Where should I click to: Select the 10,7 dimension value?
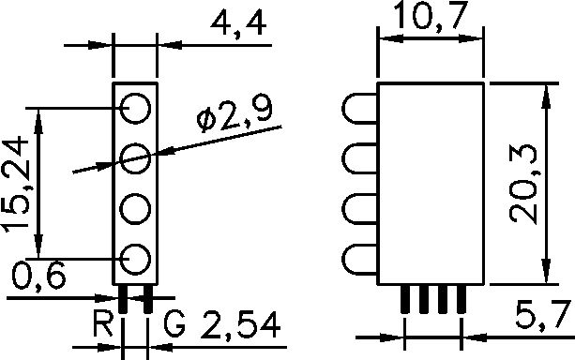click(x=431, y=15)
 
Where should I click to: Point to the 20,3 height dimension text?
click(x=523, y=184)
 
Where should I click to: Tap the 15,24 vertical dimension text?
click(x=16, y=185)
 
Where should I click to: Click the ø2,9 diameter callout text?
click(x=235, y=114)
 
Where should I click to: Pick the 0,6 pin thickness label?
click(x=38, y=276)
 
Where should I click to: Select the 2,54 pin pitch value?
click(x=240, y=324)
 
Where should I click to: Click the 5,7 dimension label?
click(x=543, y=315)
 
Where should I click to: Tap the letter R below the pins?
click(x=103, y=323)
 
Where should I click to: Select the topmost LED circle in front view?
click(x=135, y=94)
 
